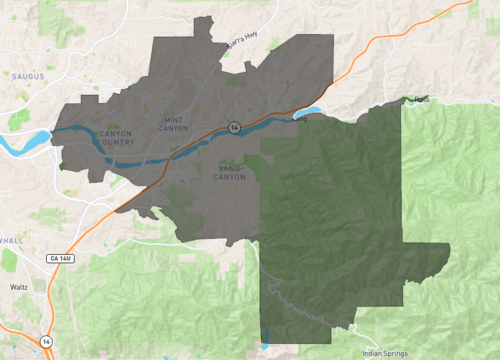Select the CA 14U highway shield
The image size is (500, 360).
pos(60,259)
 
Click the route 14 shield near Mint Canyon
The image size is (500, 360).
pos(233,128)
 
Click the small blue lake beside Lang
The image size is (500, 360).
pos(312,112)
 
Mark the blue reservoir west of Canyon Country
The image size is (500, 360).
pos(38,139)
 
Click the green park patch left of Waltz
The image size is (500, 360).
pos(8,262)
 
